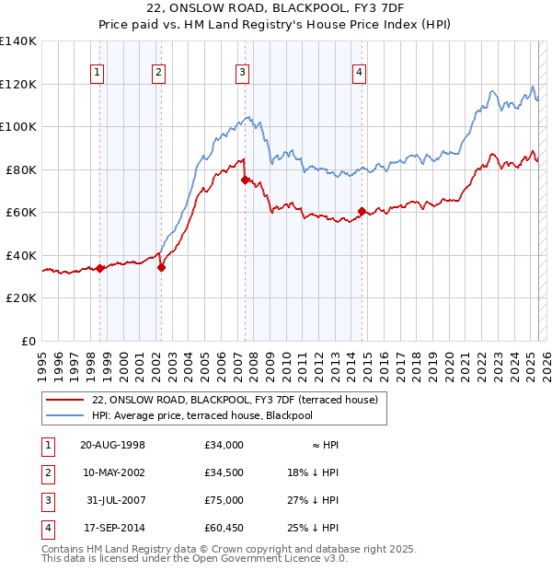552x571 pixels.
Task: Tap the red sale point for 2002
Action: [x=161, y=268]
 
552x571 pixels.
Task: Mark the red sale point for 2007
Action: [x=245, y=181]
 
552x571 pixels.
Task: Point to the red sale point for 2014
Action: [x=361, y=211]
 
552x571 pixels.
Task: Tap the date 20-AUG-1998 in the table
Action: [x=112, y=445]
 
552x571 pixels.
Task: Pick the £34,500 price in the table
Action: [x=224, y=472]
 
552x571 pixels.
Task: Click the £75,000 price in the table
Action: [x=224, y=500]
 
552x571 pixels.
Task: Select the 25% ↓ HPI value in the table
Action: [x=313, y=528]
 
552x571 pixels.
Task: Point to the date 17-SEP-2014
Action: [x=112, y=528]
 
